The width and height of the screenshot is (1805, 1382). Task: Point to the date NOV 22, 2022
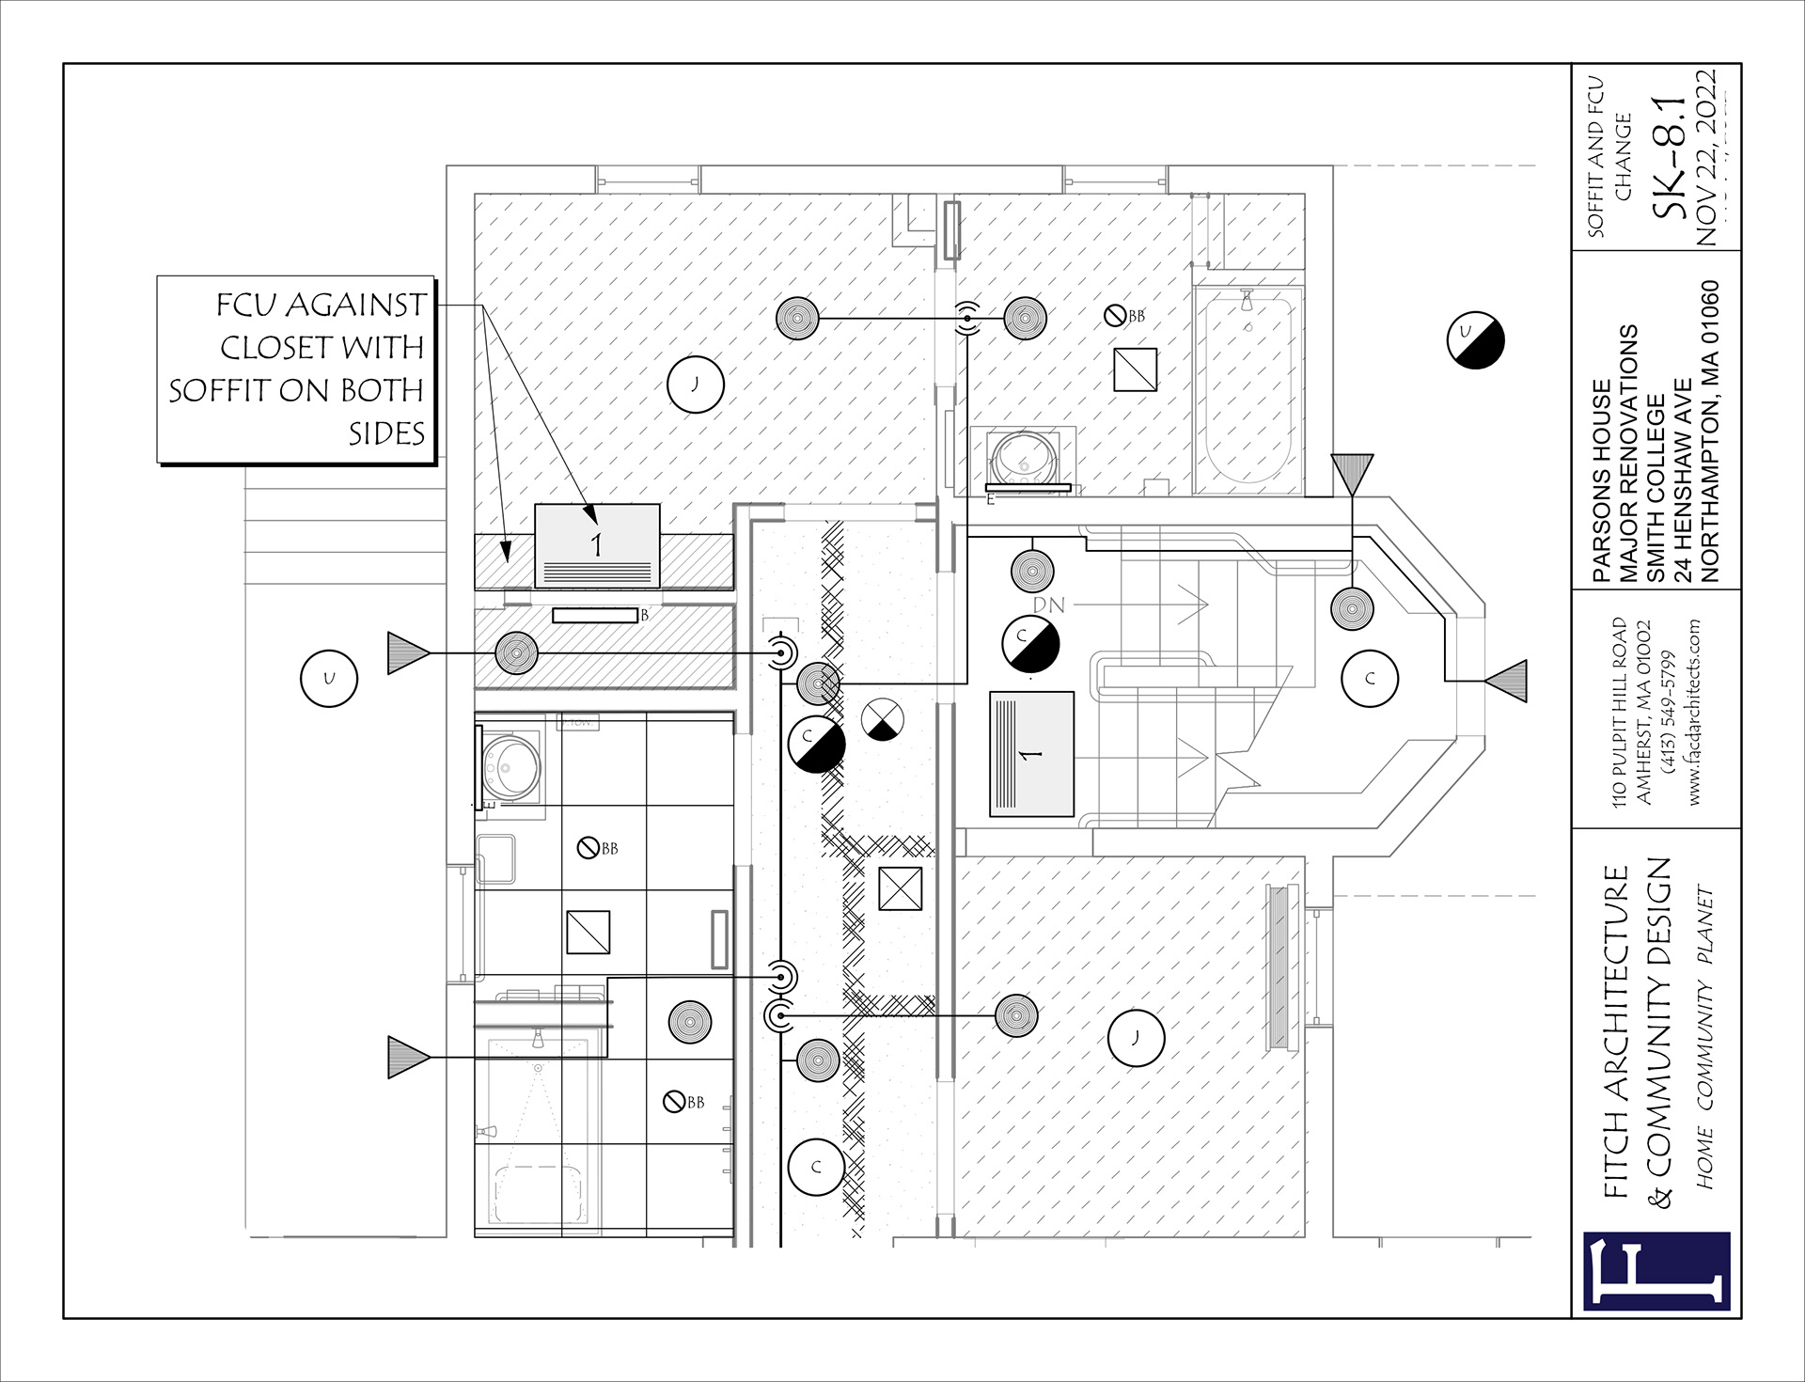1707,157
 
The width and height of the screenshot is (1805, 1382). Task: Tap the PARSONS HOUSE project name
1602,480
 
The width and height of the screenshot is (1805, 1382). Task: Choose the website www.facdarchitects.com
1694,712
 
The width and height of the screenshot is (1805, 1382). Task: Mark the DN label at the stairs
1049,605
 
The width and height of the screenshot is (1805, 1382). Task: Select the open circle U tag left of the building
329,678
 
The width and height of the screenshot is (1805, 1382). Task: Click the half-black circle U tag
1475,340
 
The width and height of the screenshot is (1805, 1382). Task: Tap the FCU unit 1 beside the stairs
1031,754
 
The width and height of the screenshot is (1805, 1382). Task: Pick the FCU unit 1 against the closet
597,545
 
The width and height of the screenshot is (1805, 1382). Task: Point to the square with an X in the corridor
900,888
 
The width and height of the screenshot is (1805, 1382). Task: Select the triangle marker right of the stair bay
1507,681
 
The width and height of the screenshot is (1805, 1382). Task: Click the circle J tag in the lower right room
1136,1038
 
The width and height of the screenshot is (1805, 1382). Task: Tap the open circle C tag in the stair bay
1370,678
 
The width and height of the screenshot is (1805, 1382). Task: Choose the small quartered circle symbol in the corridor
883,720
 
